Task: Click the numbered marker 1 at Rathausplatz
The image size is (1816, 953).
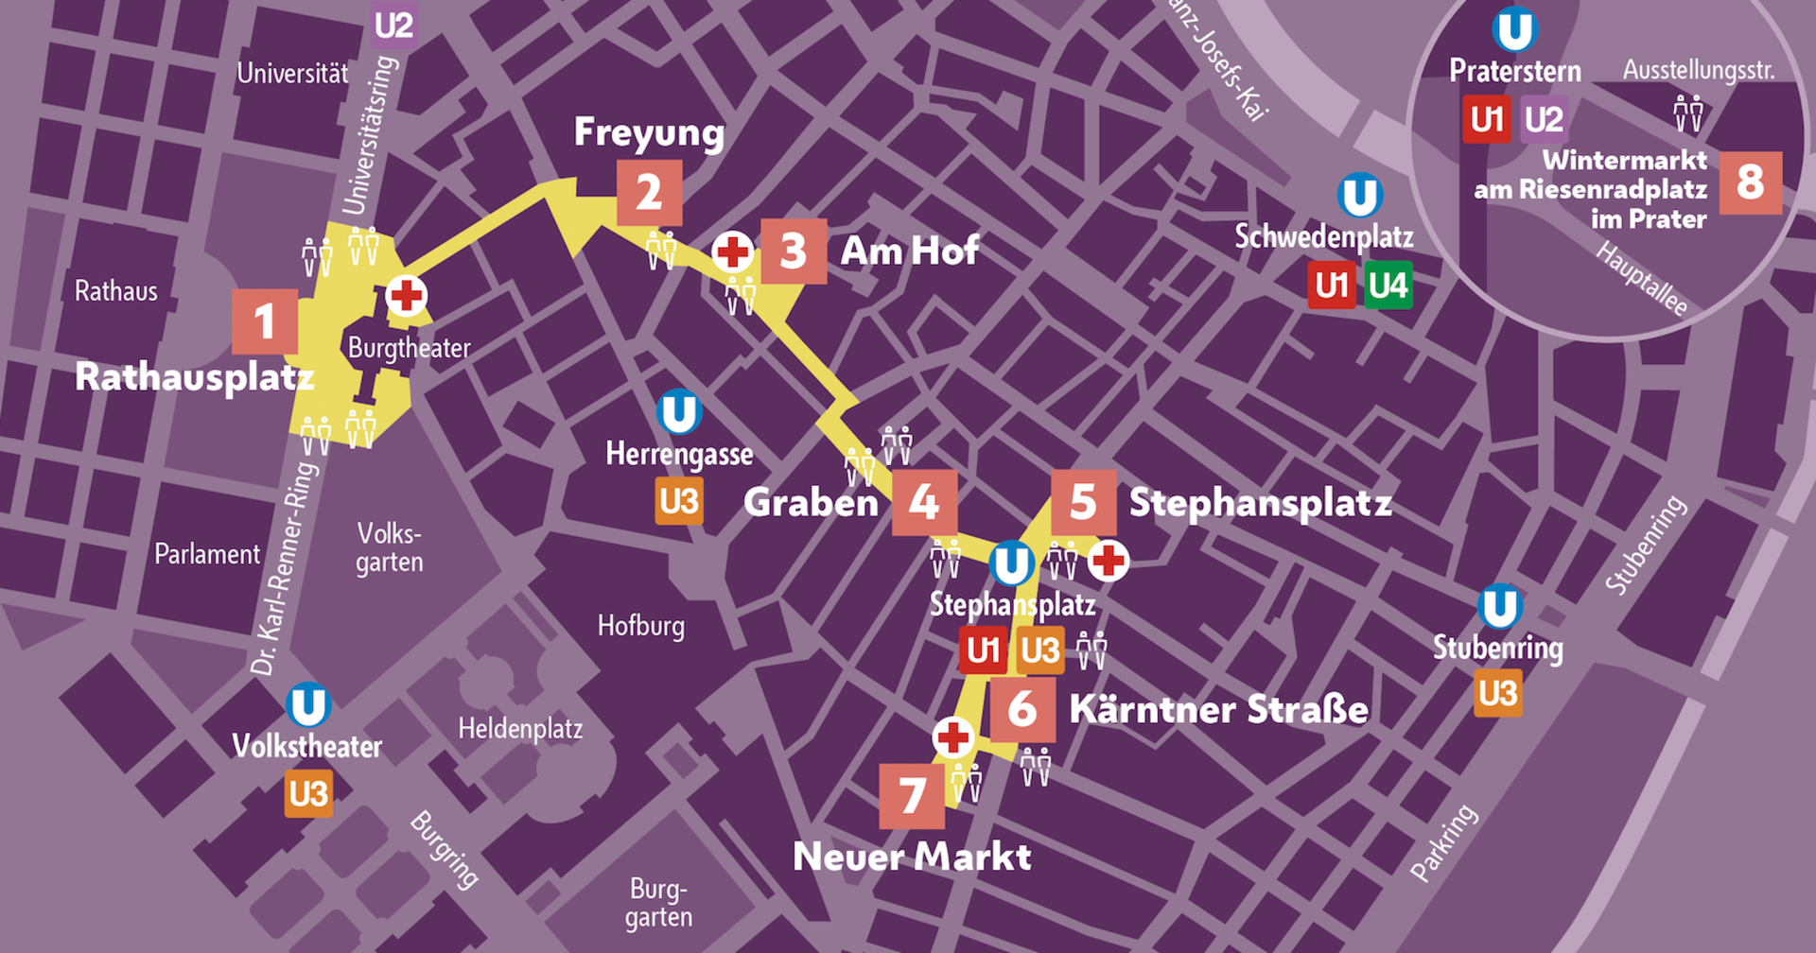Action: click(265, 321)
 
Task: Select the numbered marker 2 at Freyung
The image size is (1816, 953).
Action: click(649, 193)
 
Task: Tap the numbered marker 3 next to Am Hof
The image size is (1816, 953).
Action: click(794, 251)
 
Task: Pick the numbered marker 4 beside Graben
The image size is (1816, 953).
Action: click(924, 502)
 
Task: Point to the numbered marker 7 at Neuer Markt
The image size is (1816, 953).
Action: click(912, 796)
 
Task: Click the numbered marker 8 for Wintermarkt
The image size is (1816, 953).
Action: click(1750, 182)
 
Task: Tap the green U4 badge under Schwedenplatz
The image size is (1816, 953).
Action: click(1388, 286)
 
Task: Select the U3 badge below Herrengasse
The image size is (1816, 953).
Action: click(679, 501)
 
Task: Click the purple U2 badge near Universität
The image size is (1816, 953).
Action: click(393, 26)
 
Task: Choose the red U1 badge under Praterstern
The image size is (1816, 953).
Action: click(1487, 120)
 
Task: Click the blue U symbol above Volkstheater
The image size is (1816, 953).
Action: click(308, 705)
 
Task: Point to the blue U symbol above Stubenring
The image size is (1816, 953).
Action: click(1499, 607)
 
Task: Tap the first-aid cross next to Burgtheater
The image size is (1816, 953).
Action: click(407, 296)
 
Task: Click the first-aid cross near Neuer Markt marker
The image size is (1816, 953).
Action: click(953, 736)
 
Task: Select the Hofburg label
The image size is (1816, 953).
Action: click(641, 626)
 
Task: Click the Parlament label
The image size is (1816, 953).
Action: click(206, 554)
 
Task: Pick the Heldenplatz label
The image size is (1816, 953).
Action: click(520, 729)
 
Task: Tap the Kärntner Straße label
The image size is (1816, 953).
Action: click(1218, 710)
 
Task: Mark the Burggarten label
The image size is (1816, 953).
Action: click(658, 903)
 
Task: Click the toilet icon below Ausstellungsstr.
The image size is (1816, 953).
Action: click(1688, 113)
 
